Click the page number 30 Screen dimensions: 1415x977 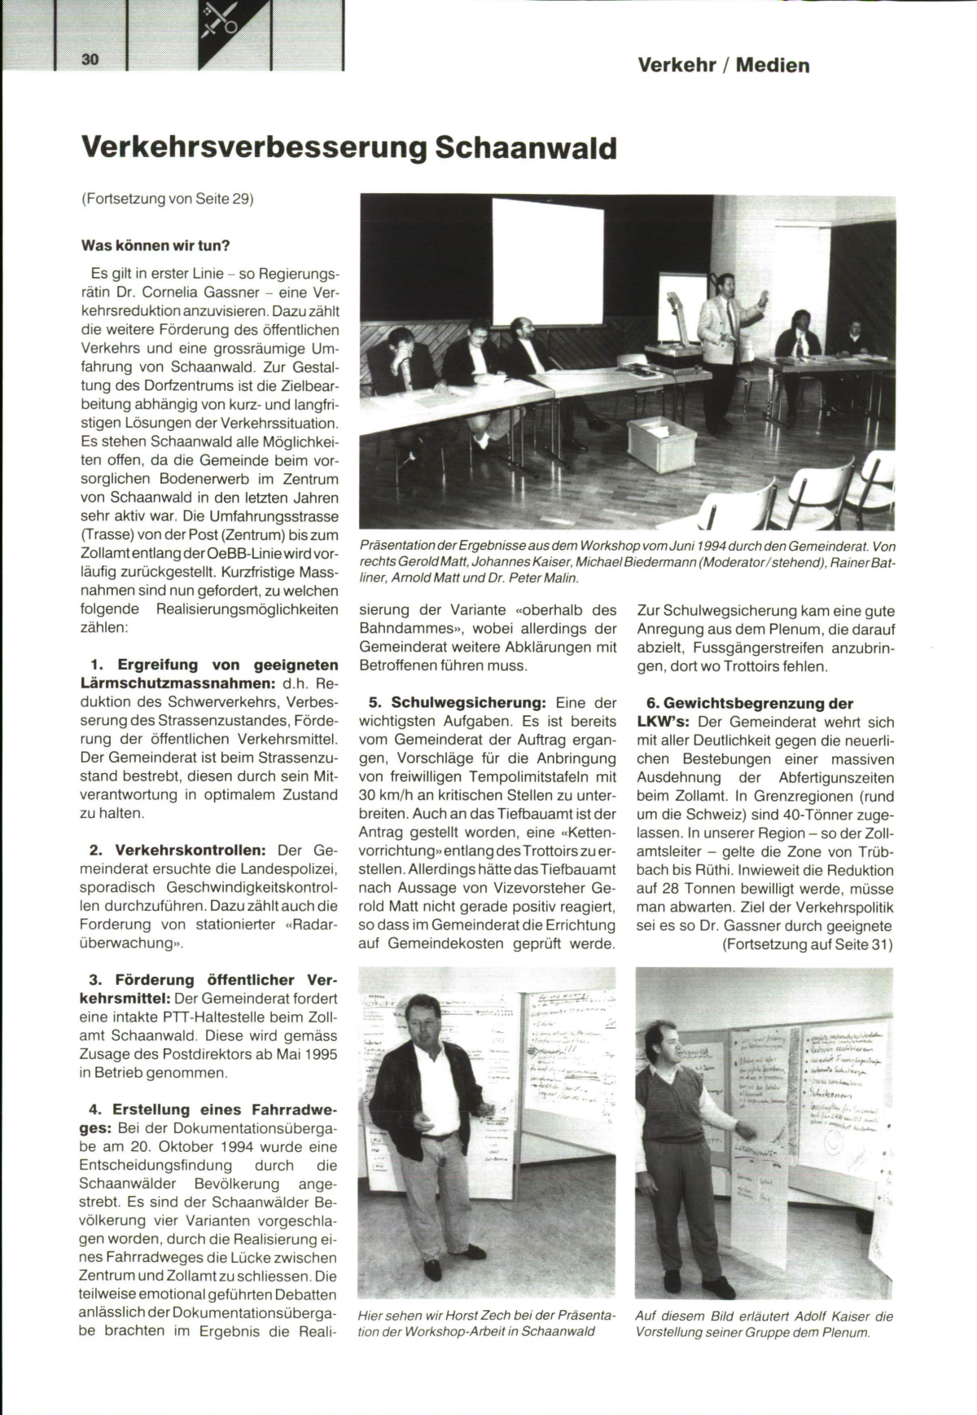(90, 59)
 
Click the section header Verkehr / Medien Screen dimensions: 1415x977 (723, 65)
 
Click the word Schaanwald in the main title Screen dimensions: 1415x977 (526, 148)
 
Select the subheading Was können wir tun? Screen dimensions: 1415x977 (156, 245)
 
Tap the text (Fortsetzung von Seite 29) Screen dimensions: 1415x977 (168, 198)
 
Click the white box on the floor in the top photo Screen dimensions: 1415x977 (661, 443)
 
